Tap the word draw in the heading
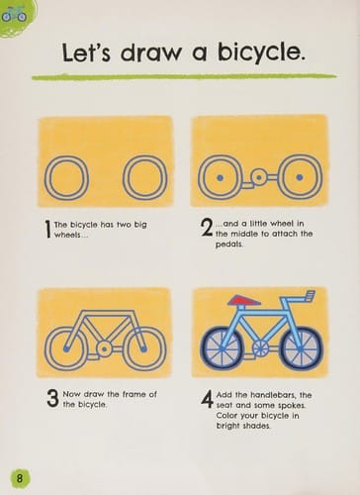(x=150, y=52)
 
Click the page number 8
(x=20, y=477)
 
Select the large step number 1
(x=47, y=229)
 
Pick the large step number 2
(x=207, y=228)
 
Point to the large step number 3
(x=52, y=398)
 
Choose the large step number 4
(x=207, y=399)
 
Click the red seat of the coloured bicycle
(x=244, y=300)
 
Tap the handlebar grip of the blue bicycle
(x=311, y=295)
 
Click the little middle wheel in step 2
(x=259, y=177)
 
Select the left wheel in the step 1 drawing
(x=66, y=178)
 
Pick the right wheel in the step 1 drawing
(x=145, y=178)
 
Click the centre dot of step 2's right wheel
(x=300, y=177)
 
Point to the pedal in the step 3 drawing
(x=93, y=357)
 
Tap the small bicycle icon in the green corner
(x=14, y=15)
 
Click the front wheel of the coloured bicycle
(x=301, y=348)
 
